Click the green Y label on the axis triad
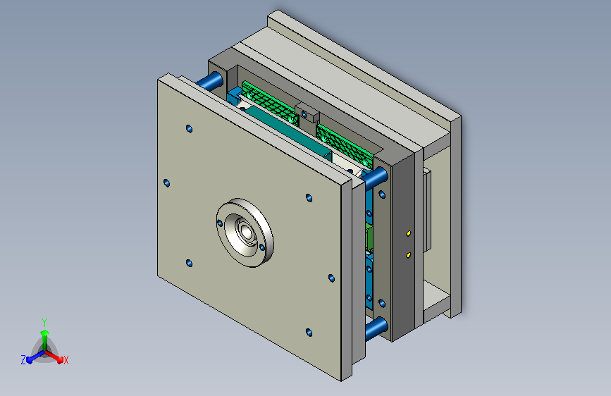click(44, 322)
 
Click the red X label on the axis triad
click(66, 361)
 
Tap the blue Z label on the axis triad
click(23, 360)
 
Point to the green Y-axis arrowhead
click(44, 333)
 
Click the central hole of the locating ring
click(246, 232)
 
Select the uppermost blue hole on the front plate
click(189, 129)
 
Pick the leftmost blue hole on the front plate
click(166, 182)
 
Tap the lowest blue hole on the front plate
click(309, 333)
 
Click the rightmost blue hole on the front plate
click(331, 278)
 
